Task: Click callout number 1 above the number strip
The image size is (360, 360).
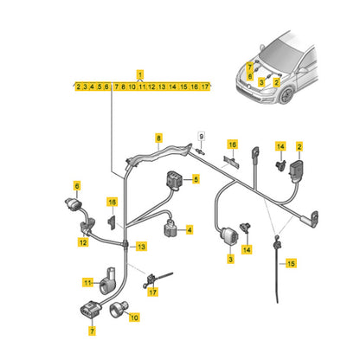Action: pos(140,74)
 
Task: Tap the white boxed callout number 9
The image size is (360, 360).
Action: pos(202,137)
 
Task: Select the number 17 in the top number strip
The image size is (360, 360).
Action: pos(205,87)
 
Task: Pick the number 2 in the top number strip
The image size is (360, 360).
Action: pos(79,87)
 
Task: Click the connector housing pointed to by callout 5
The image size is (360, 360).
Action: pos(174,181)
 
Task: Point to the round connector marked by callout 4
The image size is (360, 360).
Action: pos(170,228)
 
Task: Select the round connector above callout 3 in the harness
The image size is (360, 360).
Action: pos(230,236)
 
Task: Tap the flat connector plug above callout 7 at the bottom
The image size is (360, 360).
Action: pos(90,311)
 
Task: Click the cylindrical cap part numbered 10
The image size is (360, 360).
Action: pos(119,309)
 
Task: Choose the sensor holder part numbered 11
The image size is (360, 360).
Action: pos(107,281)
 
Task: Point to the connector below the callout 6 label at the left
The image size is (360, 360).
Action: pos(74,204)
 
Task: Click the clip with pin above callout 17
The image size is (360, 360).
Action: pos(151,280)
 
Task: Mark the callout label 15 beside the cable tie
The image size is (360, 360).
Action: pos(291,263)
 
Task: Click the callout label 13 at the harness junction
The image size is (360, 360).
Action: pos(141,247)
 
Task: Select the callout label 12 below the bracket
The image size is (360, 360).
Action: pos(83,242)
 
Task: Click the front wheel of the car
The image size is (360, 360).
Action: pos(286,95)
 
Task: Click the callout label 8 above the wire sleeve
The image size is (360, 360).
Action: pos(158,138)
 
